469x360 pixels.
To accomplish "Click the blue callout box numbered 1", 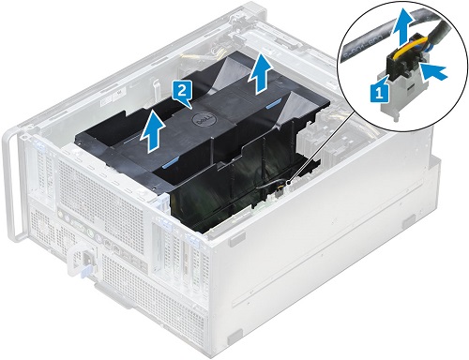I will coord(379,92).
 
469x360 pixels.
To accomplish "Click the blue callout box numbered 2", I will coord(185,91).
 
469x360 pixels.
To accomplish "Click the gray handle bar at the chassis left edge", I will coord(10,187).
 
